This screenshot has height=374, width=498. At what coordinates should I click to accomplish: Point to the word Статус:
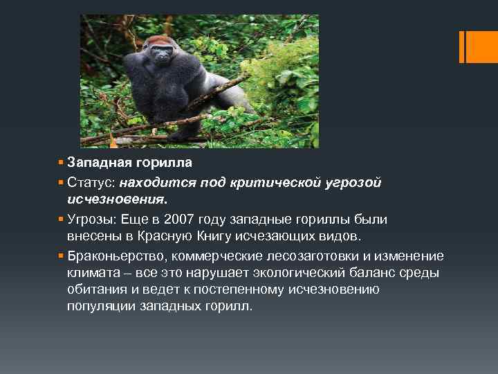(91, 182)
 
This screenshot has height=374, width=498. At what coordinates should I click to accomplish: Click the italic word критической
(267, 182)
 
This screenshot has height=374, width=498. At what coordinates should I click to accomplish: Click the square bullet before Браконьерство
(62, 256)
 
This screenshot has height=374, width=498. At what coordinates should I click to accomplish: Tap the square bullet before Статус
(62, 182)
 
